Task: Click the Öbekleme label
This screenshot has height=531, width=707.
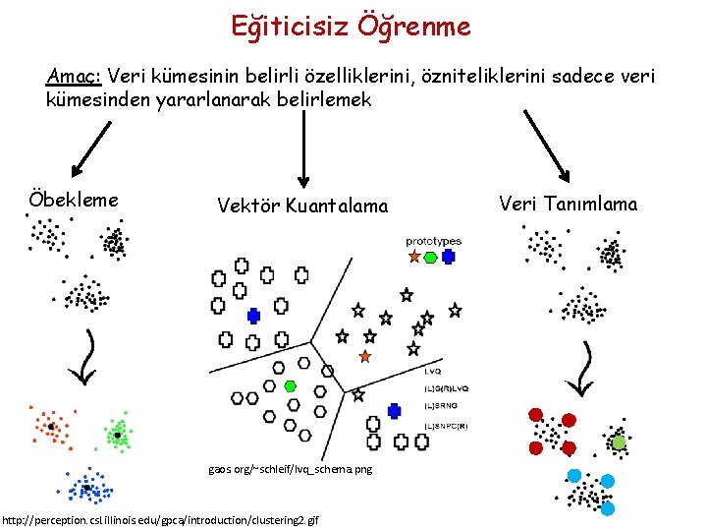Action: pos(75,200)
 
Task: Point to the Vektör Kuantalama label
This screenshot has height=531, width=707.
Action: pos(302,206)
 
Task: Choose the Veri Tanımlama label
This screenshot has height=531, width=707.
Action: pos(568,204)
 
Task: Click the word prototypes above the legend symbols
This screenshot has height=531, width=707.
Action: pos(433,241)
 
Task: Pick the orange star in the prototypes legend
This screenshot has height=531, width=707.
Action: pos(414,257)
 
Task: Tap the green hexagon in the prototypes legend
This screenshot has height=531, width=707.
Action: pos(432,257)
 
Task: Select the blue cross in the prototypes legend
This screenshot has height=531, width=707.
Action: pos(449,257)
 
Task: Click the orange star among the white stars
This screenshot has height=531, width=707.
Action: pos(365,355)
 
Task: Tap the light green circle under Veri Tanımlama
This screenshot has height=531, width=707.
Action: pos(619,443)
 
